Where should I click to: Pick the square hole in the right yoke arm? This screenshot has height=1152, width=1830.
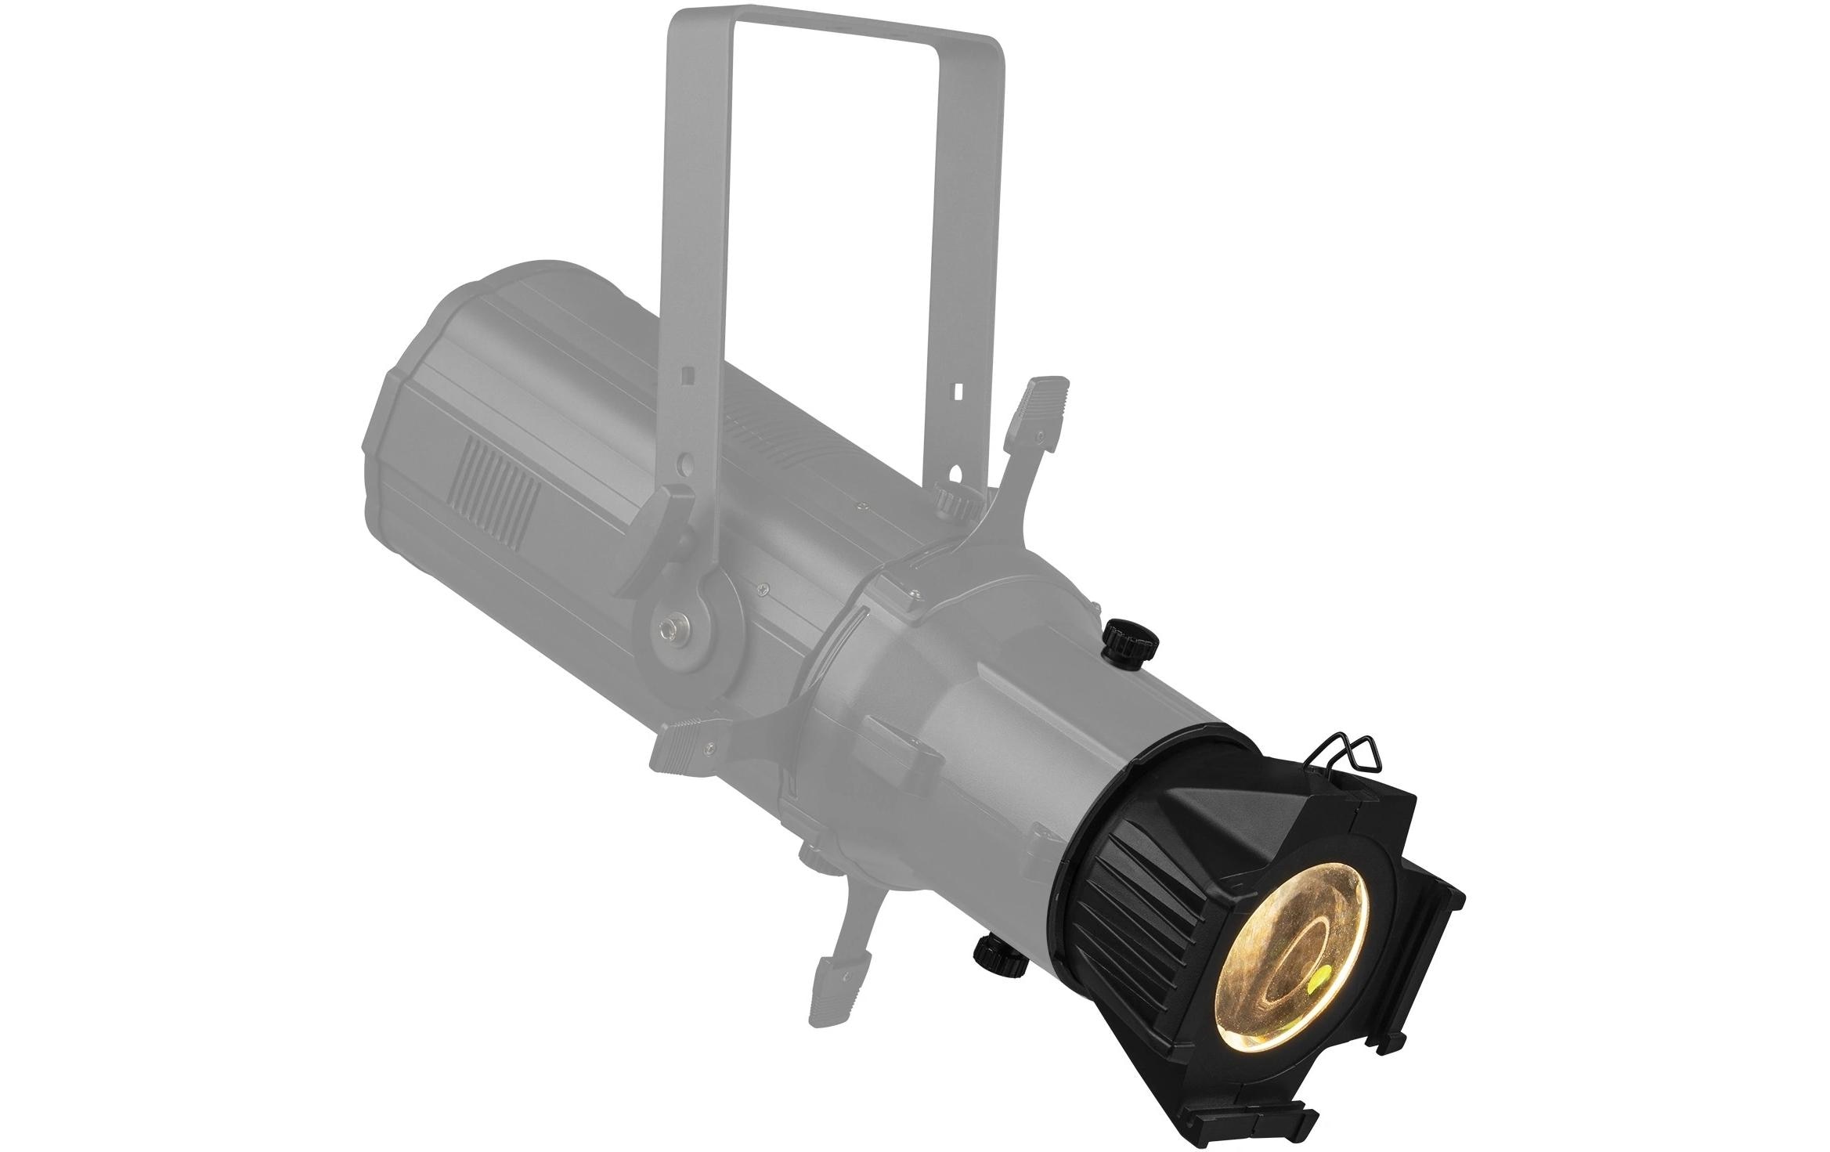click(960, 388)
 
